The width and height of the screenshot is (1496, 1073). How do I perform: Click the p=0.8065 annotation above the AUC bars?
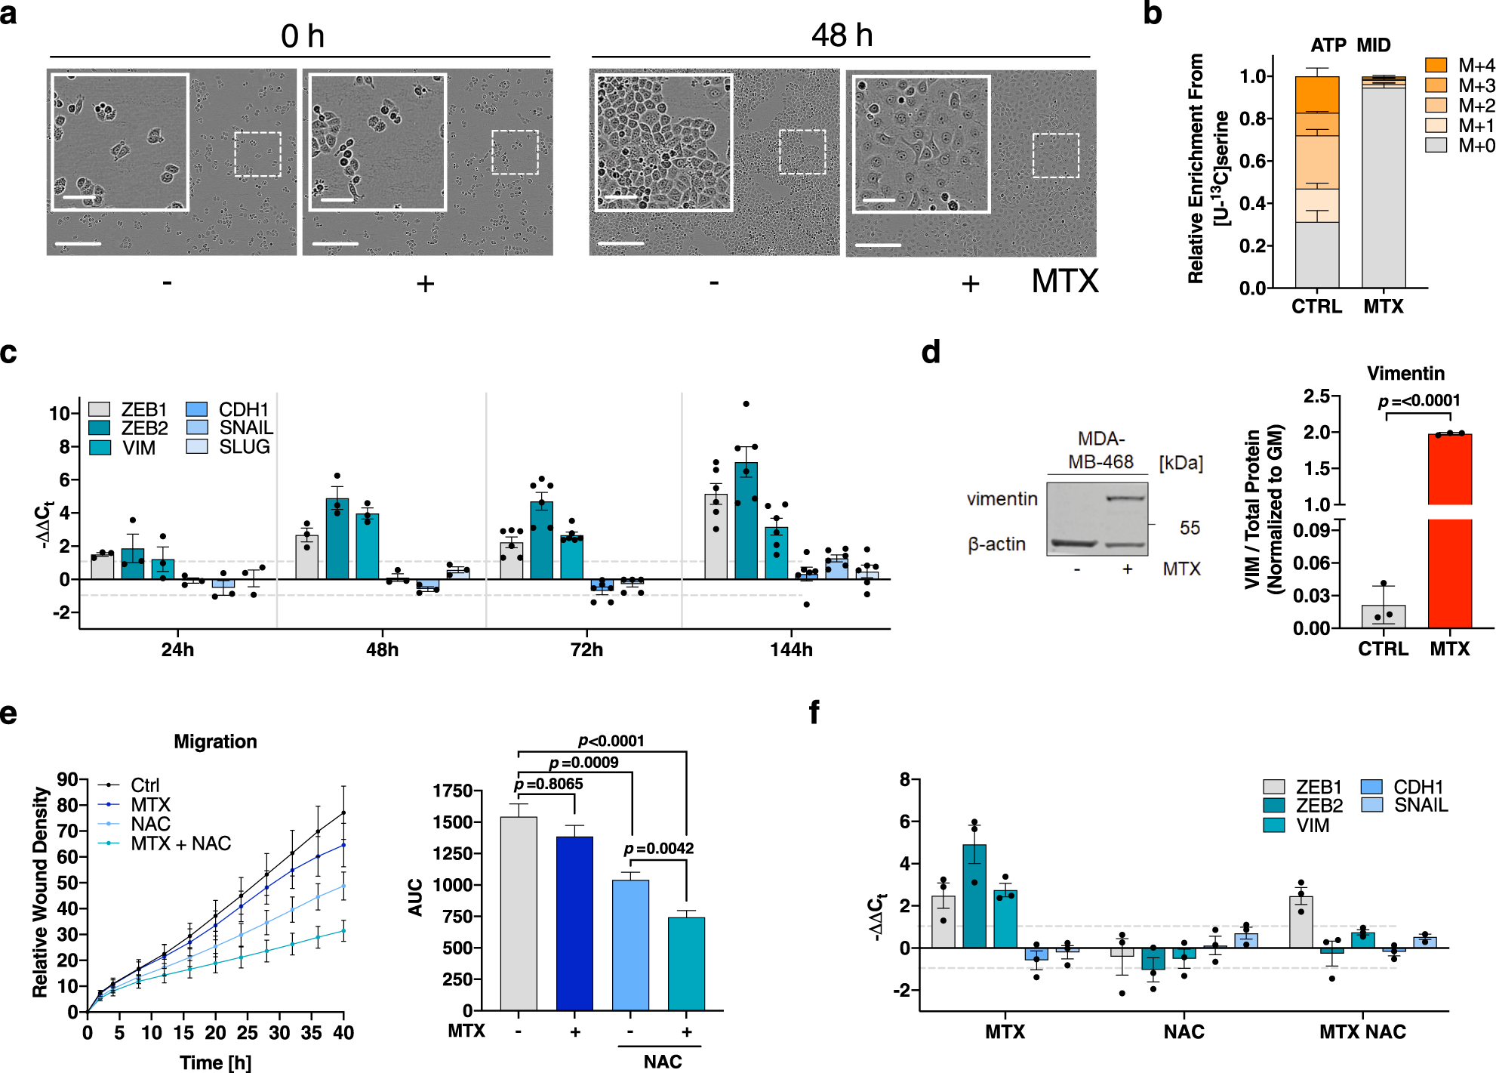548,784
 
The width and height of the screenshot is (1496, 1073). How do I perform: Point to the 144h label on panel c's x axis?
791,649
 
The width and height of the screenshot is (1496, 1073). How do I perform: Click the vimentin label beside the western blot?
1002,498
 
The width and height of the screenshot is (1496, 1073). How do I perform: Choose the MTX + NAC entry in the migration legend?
180,843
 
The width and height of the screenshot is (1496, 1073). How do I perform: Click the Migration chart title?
215,742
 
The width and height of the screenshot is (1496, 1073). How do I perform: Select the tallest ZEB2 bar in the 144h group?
746,521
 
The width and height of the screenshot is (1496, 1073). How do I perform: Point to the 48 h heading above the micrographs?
842,35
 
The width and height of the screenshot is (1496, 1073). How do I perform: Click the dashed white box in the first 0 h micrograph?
257,154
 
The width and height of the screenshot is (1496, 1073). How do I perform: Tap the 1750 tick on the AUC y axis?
452,791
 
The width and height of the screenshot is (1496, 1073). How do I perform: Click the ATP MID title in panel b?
1350,45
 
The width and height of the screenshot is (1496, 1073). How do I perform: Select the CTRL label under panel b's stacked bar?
1316,307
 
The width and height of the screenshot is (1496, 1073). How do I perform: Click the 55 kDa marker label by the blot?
1190,528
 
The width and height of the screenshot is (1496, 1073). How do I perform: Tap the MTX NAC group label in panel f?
1362,1031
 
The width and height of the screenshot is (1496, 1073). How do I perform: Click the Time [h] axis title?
215,1062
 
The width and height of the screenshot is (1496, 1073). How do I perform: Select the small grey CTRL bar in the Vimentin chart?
1383,616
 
